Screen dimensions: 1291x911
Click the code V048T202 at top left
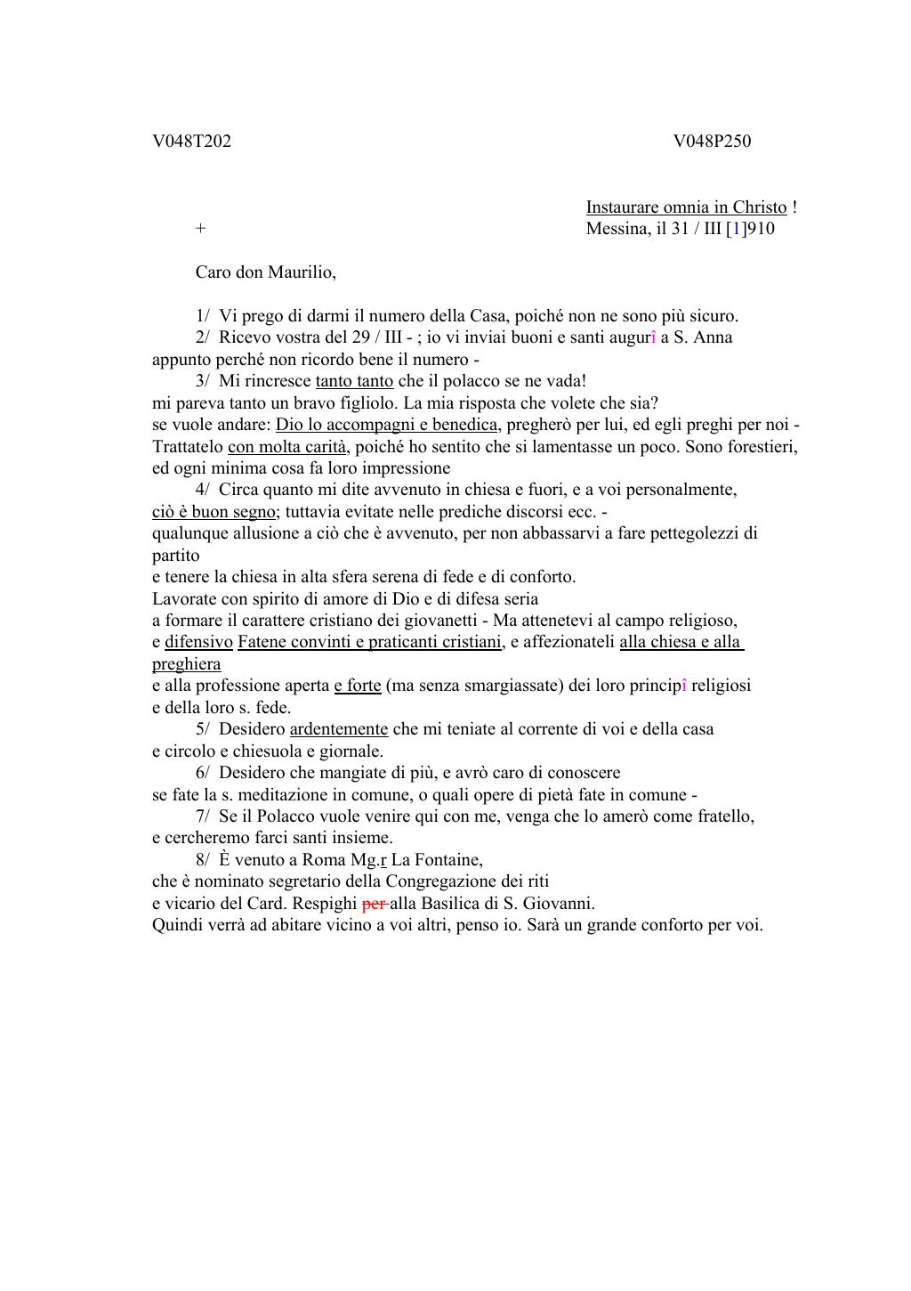coord(191,141)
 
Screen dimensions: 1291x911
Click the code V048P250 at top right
coord(712,141)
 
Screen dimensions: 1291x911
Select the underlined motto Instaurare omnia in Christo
coord(686,207)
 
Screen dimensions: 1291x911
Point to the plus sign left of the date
coord(200,229)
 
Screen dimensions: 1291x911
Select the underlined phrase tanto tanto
coord(354,381)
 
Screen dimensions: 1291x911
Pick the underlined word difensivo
coord(198,642)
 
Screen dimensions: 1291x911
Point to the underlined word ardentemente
coord(339,729)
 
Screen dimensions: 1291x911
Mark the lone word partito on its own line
coord(176,556)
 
